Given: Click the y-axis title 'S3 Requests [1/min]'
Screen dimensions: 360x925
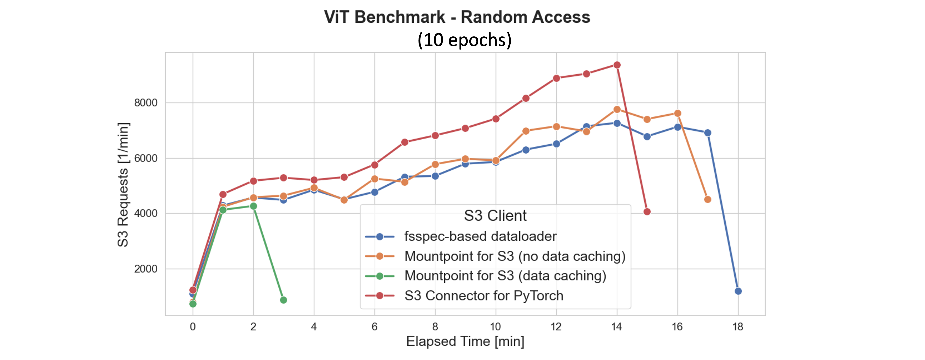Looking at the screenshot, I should (x=123, y=185).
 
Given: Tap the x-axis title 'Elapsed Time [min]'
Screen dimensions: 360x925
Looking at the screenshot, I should (x=465, y=341).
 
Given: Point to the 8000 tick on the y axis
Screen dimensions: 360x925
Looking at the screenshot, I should (x=145, y=103).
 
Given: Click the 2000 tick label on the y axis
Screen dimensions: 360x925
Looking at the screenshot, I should (x=145, y=269).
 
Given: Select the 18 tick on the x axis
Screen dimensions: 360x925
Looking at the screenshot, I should (x=738, y=327).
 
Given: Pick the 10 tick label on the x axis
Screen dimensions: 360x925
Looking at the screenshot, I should (x=495, y=327).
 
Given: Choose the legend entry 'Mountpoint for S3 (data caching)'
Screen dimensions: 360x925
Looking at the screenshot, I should (x=505, y=276).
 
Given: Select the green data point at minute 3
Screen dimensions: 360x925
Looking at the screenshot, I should (x=283, y=300).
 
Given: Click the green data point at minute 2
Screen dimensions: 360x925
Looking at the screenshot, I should (x=253, y=206).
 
